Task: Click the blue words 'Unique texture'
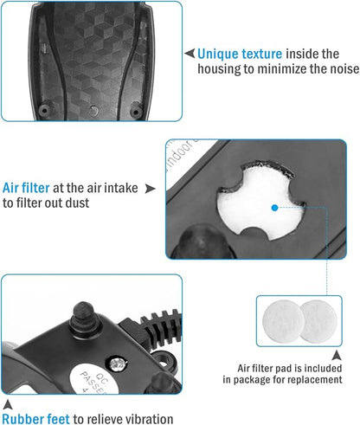(240, 54)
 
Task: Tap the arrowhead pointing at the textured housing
(190, 54)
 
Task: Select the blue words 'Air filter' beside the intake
(26, 188)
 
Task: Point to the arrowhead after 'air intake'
(150, 189)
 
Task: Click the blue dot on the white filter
(275, 208)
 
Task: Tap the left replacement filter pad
(283, 321)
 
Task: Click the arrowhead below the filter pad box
(337, 355)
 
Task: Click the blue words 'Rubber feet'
(36, 419)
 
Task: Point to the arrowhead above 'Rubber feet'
(8, 404)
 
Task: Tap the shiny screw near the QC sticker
(118, 364)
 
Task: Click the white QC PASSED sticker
(94, 379)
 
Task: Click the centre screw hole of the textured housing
(93, 111)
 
